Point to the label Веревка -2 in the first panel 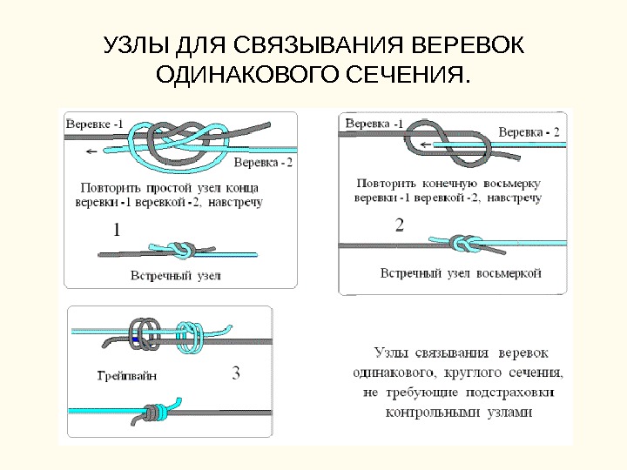coord(264,163)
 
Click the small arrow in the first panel coord(91,151)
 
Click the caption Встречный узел coord(175,276)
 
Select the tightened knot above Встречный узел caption coord(182,250)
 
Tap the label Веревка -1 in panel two coord(374,123)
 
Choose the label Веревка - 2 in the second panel coord(529,132)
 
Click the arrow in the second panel coord(424,144)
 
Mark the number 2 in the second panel coord(400,225)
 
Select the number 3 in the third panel coord(237,374)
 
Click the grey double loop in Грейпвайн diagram coord(145,335)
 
